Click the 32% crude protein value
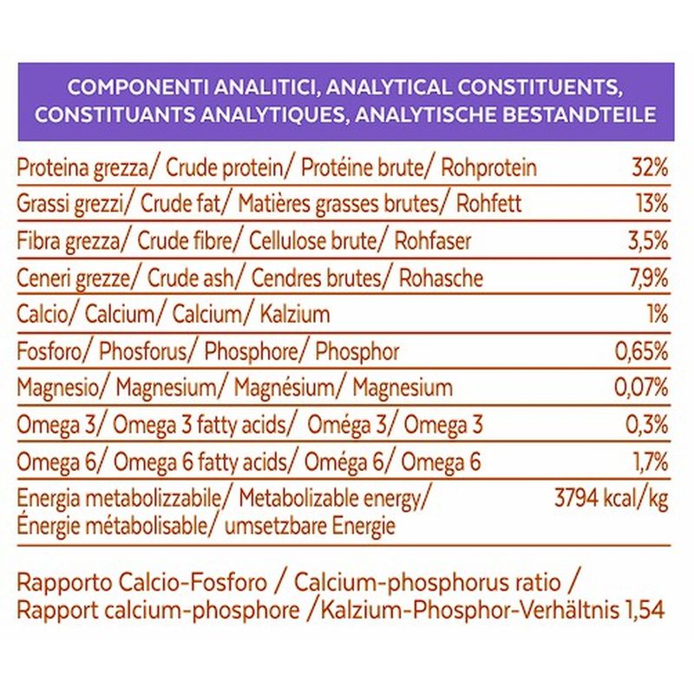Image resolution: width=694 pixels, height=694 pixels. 650,167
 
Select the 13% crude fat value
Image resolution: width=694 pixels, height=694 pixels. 652,204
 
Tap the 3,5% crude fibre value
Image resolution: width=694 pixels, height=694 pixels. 648,241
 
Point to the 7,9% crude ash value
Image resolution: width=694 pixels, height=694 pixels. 649,278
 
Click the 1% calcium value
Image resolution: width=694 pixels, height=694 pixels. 658,315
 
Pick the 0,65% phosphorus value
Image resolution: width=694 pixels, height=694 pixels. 641,352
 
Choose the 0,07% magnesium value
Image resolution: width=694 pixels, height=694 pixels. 641,388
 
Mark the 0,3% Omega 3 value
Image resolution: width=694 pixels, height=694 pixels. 646,425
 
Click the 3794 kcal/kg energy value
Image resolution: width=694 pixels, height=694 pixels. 612,500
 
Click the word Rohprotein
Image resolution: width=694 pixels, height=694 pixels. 489,168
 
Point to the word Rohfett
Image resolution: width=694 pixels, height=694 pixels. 489,204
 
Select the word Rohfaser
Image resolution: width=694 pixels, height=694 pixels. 432,241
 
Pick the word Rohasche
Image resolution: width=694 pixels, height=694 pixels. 441,278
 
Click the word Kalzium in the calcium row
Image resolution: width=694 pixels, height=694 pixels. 295,315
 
